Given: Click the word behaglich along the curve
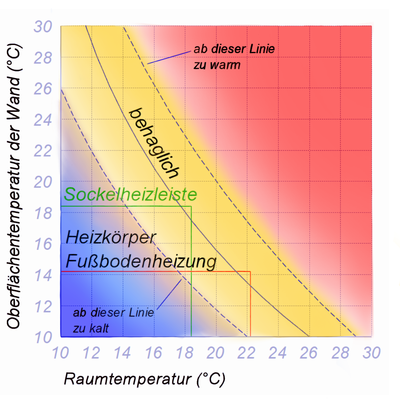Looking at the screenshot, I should tap(154, 143).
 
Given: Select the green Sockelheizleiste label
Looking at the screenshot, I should tap(130, 194).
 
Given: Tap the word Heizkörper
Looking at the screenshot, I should tap(111, 237).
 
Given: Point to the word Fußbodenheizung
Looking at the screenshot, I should tap(141, 261).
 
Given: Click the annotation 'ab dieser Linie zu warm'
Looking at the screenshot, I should tap(234, 57).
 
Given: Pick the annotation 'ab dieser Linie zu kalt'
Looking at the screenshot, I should tap(113, 320).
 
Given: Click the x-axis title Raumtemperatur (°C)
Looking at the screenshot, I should tap(144, 379).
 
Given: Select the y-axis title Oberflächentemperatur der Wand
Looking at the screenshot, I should tap(14, 186).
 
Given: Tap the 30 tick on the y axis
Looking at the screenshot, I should tap(43, 27).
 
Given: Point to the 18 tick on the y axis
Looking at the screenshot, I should tap(43, 214).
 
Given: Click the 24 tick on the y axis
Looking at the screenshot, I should tap(43, 120).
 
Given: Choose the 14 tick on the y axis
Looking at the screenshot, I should tap(43, 276).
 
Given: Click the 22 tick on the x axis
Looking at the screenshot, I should tap(246, 353).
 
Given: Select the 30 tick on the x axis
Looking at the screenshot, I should tap(371, 353).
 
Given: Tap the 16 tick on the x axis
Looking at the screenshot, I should tap(153, 353).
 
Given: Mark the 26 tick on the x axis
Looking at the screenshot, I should tap(308, 353).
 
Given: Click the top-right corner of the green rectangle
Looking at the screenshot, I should tap(191, 206).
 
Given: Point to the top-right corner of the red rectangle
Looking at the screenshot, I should tap(250, 272).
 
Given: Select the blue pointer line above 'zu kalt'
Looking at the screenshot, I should tap(169, 294).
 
